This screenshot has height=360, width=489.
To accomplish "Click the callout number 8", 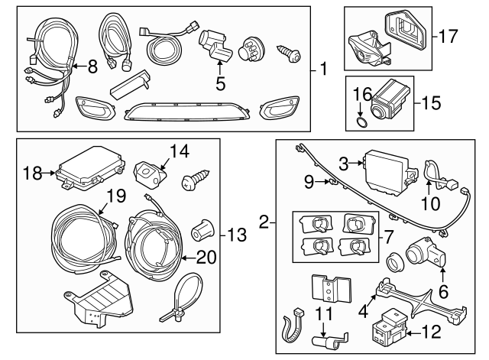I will tap(92, 66).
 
